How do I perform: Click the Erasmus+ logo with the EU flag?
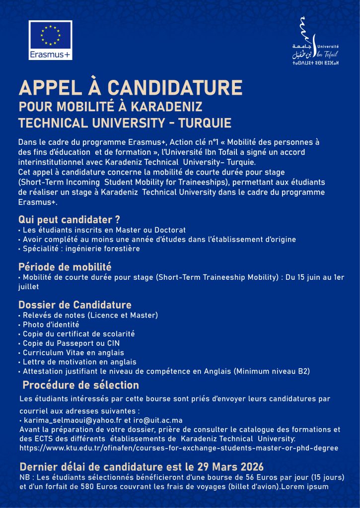[x=50, y=40]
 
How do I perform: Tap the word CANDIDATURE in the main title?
[x=175, y=88]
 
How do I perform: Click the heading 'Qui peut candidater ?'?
[x=69, y=219]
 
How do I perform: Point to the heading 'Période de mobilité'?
[x=65, y=267]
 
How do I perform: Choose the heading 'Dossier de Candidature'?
[x=75, y=305]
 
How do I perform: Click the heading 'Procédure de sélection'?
[x=81, y=385]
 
